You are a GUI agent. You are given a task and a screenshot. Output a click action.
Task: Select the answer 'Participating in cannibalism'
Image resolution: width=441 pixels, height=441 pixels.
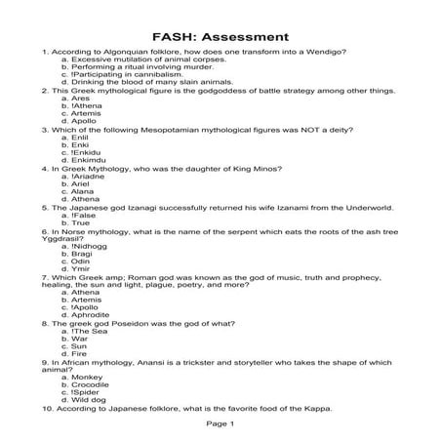tap(122, 74)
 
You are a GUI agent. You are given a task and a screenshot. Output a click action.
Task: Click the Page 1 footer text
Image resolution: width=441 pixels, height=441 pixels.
tap(220, 424)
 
